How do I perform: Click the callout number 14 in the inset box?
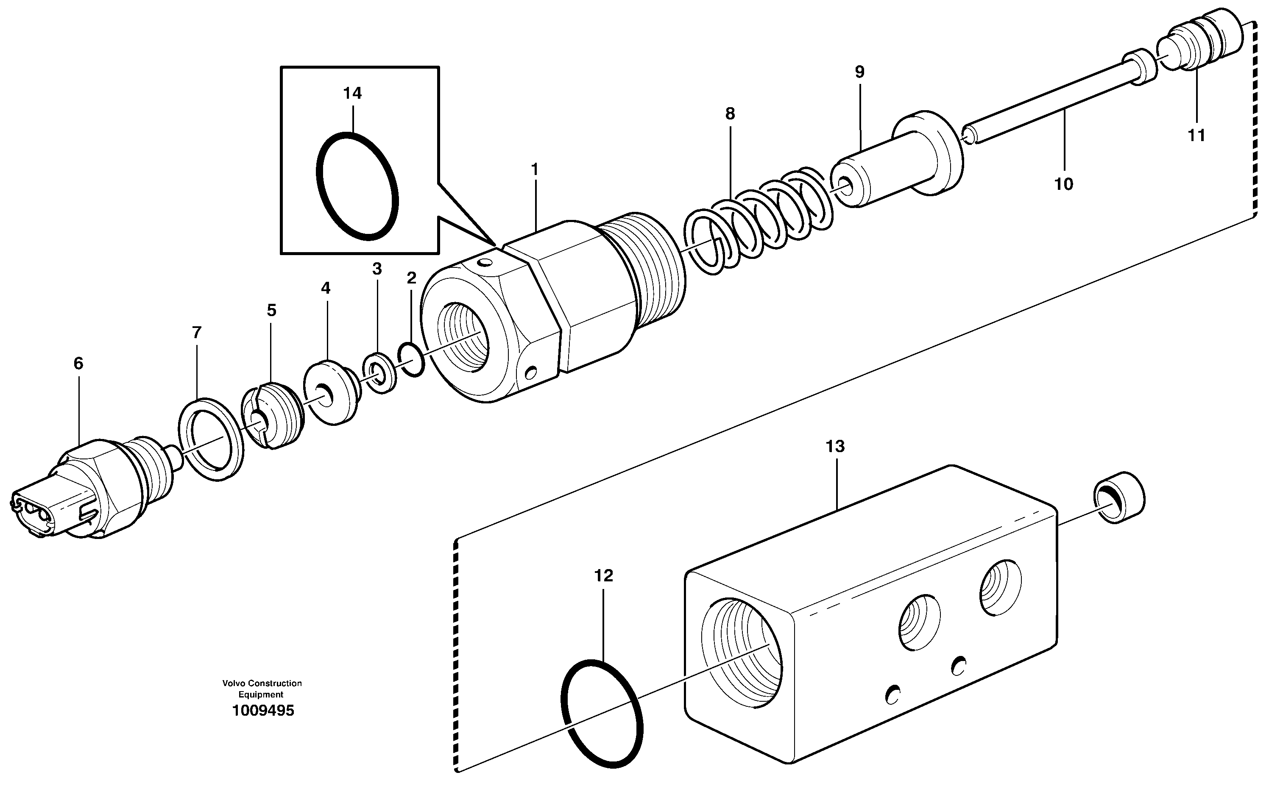(352, 93)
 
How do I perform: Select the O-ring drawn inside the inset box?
(357, 186)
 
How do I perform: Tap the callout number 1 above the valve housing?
(534, 169)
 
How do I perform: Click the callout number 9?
(859, 72)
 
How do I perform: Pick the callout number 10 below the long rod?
(1063, 184)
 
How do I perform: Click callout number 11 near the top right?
(1196, 136)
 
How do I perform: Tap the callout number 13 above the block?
(835, 447)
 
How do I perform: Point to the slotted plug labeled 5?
(273, 415)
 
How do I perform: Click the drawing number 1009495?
(263, 711)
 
